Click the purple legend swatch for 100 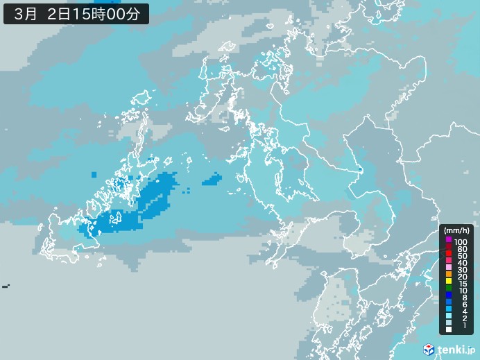(x=448, y=240)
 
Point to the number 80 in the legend (x=462, y=249)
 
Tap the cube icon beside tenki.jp (x=429, y=349)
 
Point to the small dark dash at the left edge (x=6, y=286)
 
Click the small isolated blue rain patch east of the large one (x=212, y=181)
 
